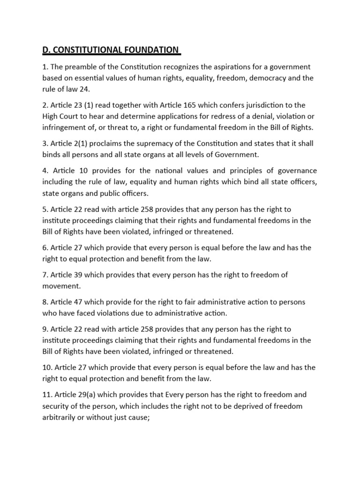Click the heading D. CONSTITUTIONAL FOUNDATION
[x=109, y=50]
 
